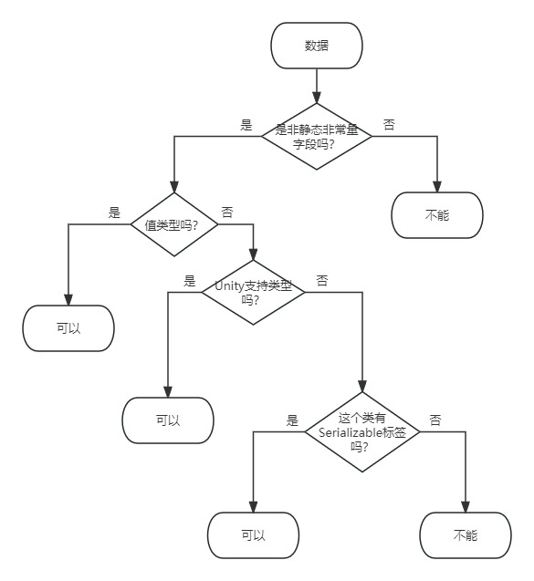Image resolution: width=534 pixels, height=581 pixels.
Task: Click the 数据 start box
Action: point(317,46)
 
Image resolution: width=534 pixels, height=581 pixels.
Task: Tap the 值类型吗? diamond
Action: point(173,223)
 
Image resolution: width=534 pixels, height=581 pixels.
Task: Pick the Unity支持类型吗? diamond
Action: point(253,292)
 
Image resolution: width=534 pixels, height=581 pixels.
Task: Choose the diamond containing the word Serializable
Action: point(362,432)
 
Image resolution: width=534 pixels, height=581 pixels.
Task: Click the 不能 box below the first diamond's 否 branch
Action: point(437,215)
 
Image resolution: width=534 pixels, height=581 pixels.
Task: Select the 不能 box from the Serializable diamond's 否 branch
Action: point(466,535)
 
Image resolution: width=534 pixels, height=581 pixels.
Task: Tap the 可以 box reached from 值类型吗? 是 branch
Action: point(68,328)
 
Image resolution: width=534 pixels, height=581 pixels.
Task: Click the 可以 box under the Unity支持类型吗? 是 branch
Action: point(167,420)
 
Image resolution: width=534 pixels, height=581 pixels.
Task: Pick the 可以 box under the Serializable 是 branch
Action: point(253,535)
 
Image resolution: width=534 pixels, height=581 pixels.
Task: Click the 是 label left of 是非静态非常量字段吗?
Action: point(246,126)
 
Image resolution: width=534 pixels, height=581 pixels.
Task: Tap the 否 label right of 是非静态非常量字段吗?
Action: point(389,125)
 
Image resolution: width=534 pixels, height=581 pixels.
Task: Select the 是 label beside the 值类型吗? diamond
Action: point(114,213)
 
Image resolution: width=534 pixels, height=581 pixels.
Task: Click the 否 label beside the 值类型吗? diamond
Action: point(226,212)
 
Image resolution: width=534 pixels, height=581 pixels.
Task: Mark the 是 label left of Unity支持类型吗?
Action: point(190,281)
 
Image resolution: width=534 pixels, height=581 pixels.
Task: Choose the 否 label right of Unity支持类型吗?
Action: point(321,281)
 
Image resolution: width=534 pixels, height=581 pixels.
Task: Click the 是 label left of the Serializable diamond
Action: point(292,420)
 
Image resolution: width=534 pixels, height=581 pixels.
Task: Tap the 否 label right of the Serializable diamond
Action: point(435,420)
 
